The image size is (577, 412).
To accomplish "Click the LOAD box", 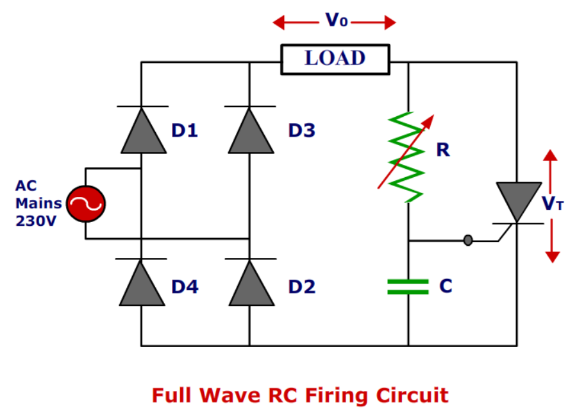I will (x=335, y=59).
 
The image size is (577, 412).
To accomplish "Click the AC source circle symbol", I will (x=86, y=204).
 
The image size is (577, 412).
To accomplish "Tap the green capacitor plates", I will (x=408, y=287).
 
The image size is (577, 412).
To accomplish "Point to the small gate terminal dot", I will (x=468, y=240).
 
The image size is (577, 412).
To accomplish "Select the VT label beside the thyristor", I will (x=553, y=203).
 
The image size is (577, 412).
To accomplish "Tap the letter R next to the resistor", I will (x=442, y=150).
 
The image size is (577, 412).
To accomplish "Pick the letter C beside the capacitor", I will (x=446, y=286).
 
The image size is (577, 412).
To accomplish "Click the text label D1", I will (x=185, y=131).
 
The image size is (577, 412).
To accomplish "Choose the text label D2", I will (x=301, y=286).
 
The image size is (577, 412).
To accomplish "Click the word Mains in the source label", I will (x=39, y=203).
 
